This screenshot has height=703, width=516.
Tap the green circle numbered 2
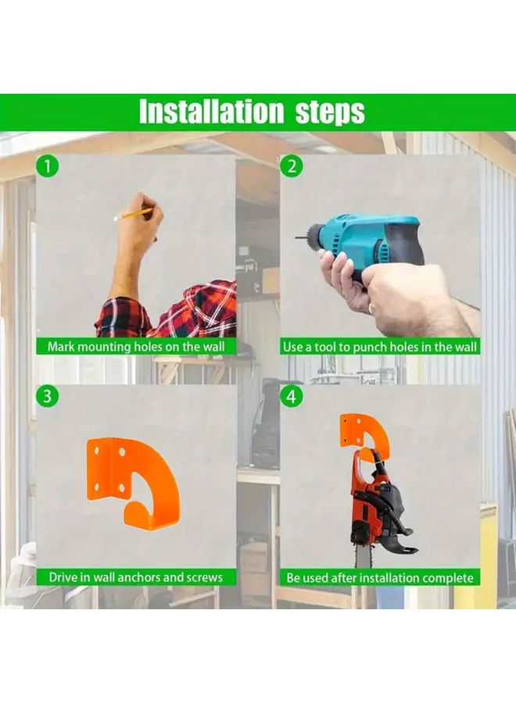point(291,166)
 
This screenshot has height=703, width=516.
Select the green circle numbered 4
point(291,396)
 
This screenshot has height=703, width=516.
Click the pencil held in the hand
point(134,213)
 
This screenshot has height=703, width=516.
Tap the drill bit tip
point(299,237)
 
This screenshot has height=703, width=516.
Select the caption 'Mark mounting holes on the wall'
point(136,346)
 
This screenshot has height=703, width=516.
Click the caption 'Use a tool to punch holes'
point(380,346)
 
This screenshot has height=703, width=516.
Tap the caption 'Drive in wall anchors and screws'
point(136,577)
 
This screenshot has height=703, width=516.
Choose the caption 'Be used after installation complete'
point(380,577)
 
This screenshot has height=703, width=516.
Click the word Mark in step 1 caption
point(62,346)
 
